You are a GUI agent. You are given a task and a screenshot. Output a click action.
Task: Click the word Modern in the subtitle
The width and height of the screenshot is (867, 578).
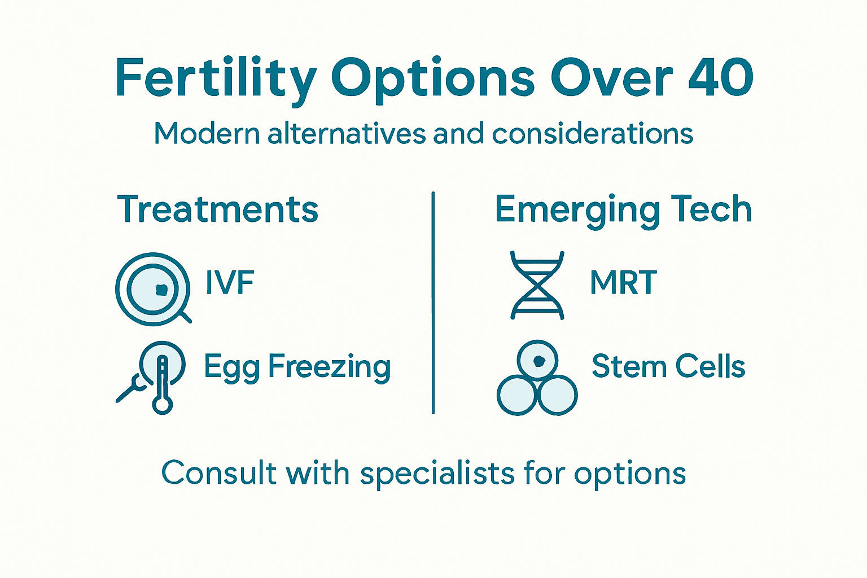coord(207,134)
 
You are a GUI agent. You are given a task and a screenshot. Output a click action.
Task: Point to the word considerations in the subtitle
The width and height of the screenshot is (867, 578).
coord(592,134)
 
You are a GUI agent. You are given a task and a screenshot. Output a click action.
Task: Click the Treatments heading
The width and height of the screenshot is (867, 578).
coord(218,209)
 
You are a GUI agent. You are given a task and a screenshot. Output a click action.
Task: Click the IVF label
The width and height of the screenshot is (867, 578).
coord(230,282)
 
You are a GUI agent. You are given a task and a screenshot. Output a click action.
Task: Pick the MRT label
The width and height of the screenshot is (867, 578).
coord(623,282)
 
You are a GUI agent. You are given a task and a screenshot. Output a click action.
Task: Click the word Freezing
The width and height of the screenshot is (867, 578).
coord(329,367)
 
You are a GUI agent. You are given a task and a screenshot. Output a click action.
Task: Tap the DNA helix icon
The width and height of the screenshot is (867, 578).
coord(537,286)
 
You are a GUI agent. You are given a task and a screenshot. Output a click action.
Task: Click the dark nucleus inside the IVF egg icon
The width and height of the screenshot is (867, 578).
coord(161,290)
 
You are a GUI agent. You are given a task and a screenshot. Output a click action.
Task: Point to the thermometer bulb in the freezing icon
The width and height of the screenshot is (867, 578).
coord(163,405)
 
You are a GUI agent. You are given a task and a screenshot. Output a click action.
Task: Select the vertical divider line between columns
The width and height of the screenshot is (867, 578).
coord(433,303)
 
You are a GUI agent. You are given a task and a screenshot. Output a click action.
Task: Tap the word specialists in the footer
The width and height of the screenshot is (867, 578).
coord(437,473)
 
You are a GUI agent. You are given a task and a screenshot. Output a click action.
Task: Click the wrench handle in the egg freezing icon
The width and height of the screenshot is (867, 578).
coord(125,394)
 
